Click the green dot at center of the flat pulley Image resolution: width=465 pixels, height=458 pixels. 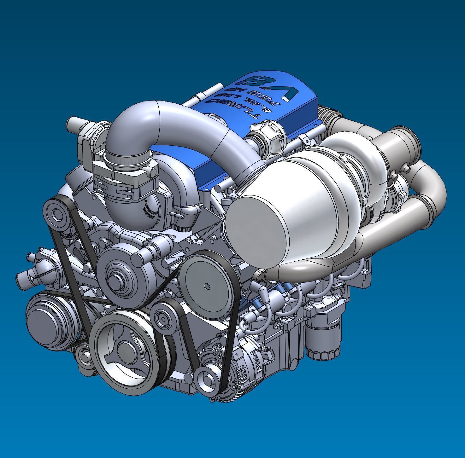pyautogui.click(x=207, y=286)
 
